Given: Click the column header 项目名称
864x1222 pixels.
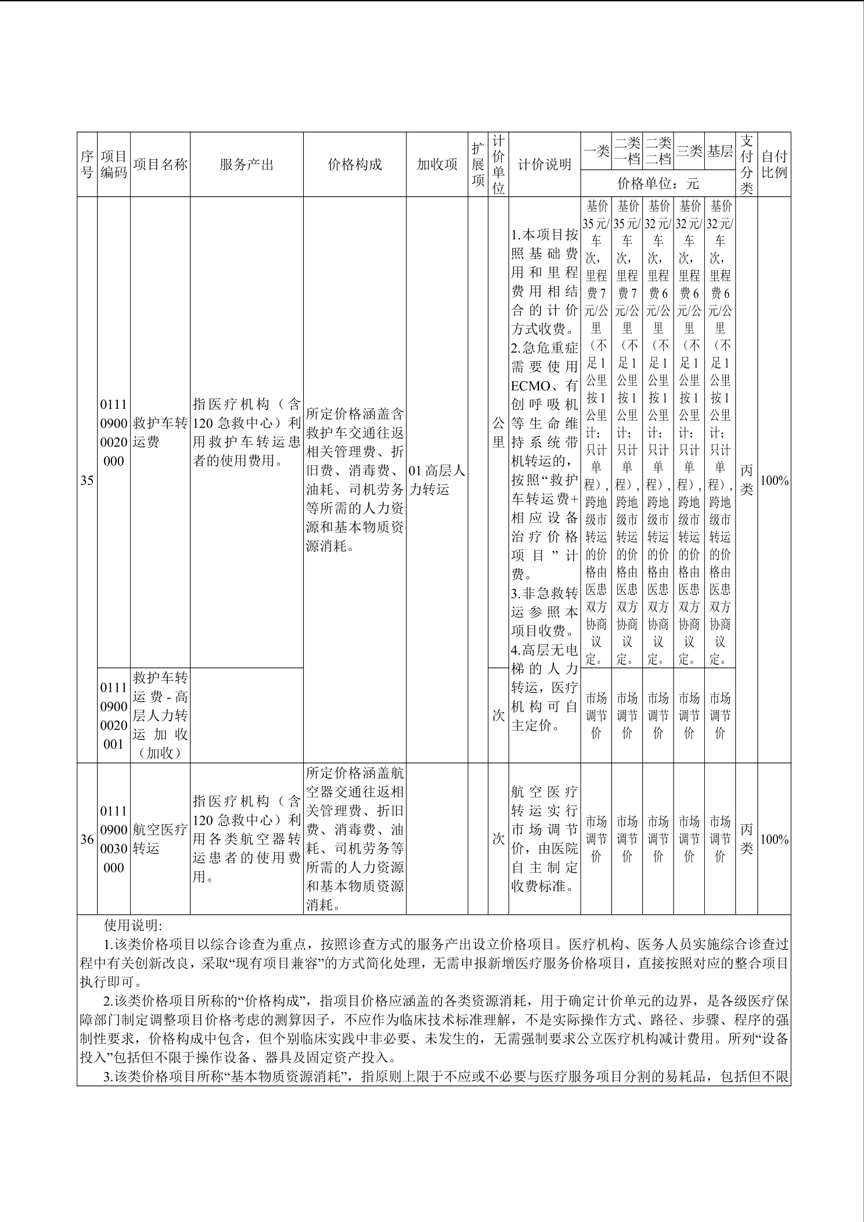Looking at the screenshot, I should (x=160, y=164).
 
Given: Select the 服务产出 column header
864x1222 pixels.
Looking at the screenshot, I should (x=246, y=164).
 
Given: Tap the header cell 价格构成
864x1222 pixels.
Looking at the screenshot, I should (x=355, y=164).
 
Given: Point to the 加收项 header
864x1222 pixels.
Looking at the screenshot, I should (x=437, y=164).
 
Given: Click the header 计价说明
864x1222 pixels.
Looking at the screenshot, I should (x=544, y=164).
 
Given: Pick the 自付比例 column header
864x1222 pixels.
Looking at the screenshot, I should (x=774, y=164).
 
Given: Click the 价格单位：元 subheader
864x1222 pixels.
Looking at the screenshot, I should (x=658, y=184).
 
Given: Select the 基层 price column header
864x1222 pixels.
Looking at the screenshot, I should (x=719, y=151).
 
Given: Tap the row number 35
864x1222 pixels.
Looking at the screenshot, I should (x=87, y=480).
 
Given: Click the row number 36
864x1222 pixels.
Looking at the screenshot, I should (x=87, y=839).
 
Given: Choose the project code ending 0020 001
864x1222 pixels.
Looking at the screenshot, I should (x=114, y=716).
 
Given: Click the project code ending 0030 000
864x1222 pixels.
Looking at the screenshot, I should (x=114, y=839).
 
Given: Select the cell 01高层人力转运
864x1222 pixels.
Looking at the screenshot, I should (x=437, y=480).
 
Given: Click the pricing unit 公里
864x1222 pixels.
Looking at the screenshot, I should (x=498, y=432).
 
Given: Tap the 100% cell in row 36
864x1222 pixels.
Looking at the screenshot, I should (x=774, y=839).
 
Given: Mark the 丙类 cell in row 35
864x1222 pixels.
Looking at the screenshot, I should (x=746, y=480).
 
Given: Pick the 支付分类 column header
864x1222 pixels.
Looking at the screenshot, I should (x=746, y=164).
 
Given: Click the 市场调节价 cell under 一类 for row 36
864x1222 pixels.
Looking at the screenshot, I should (x=596, y=839).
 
